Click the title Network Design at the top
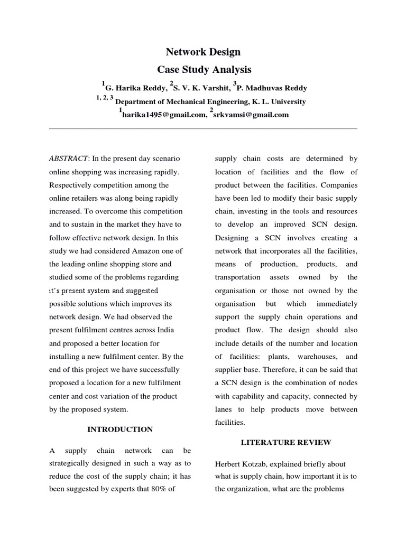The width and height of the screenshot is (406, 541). point(203,52)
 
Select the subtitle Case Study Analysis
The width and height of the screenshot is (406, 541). point(203,69)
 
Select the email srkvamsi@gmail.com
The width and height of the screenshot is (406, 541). point(251,115)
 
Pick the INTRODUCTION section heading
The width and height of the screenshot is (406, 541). point(121,430)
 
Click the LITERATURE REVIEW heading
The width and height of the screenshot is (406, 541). point(286,442)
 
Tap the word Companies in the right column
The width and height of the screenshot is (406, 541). point(338,185)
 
